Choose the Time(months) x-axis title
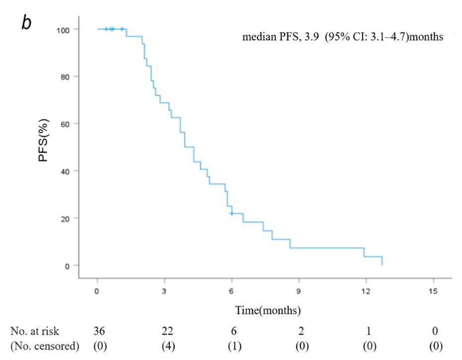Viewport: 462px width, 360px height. pyautogui.click(x=268, y=311)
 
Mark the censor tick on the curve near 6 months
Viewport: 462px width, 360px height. pyautogui.click(x=231, y=214)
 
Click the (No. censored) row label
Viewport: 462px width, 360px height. pyautogui.click(x=44, y=346)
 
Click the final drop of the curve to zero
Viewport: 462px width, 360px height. pyautogui.click(x=382, y=261)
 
